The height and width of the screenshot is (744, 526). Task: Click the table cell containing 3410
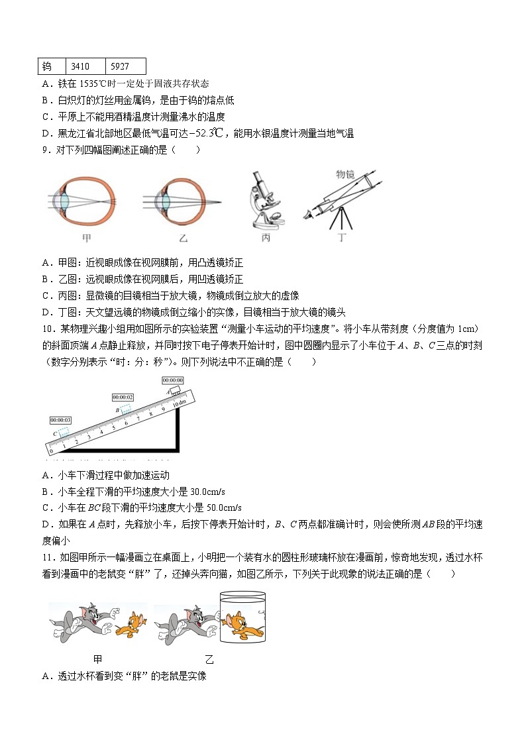click(85, 67)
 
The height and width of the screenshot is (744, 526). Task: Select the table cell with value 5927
click(125, 67)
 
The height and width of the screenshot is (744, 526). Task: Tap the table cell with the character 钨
click(52, 67)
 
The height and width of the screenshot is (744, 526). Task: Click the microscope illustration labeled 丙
click(266, 199)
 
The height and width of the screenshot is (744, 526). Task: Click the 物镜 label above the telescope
click(346, 174)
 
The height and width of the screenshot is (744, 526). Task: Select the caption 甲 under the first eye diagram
click(86, 238)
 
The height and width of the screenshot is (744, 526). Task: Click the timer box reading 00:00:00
click(173, 380)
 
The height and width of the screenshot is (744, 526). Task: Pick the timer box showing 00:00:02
click(123, 397)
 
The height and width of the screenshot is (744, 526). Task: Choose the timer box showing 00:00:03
click(60, 420)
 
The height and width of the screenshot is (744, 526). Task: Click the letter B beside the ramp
click(117, 410)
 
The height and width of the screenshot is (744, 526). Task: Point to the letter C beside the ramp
click(55, 433)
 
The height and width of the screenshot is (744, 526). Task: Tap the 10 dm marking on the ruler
click(178, 403)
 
